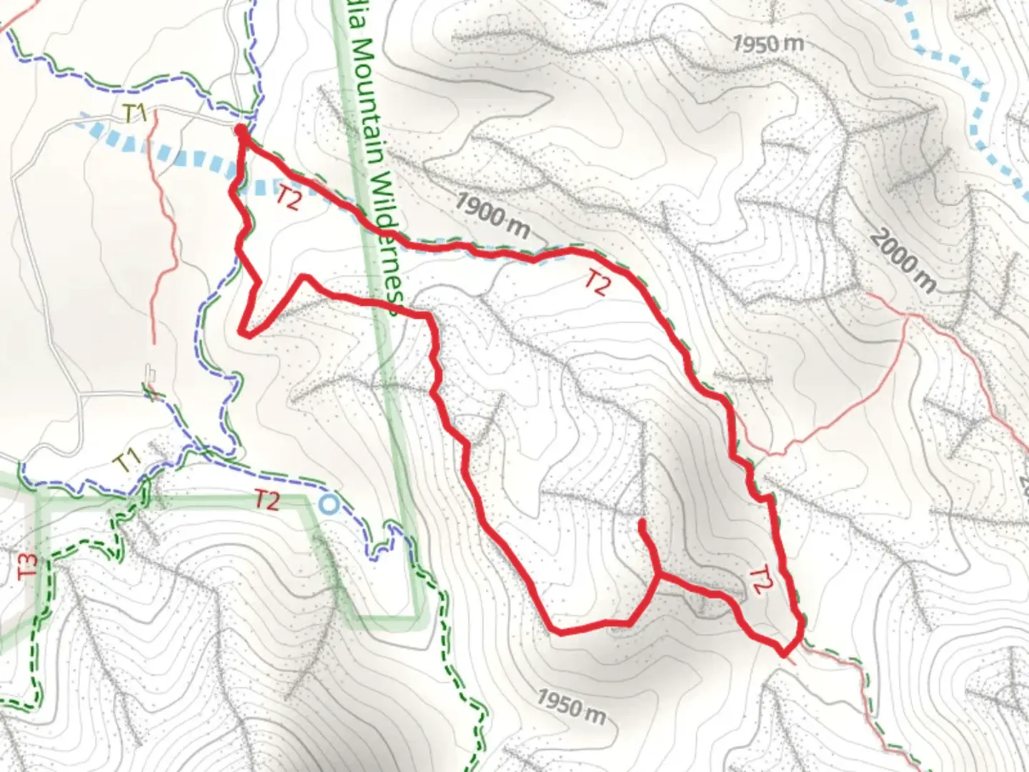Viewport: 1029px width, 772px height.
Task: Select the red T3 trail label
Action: (28, 565)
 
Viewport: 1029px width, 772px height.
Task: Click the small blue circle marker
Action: (328, 505)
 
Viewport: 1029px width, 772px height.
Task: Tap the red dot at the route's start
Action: (242, 132)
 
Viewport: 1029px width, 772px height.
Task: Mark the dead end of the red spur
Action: (642, 523)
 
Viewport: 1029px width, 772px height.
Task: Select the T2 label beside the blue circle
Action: (267, 500)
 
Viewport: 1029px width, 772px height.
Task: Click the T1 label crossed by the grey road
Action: (135, 113)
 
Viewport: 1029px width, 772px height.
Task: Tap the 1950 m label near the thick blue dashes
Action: (768, 44)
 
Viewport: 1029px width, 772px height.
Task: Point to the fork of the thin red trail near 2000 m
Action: (906, 317)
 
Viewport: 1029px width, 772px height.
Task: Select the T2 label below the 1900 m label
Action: (597, 284)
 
